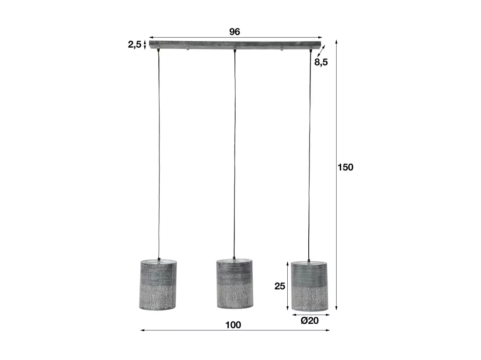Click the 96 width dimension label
[234, 31]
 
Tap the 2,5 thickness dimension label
[135, 45]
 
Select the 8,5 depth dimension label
[321, 62]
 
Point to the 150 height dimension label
[345, 167]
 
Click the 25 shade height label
[279, 286]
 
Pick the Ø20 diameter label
[310, 321]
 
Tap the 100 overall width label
[233, 325]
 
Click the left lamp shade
[158, 284]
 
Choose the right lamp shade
[309, 286]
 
